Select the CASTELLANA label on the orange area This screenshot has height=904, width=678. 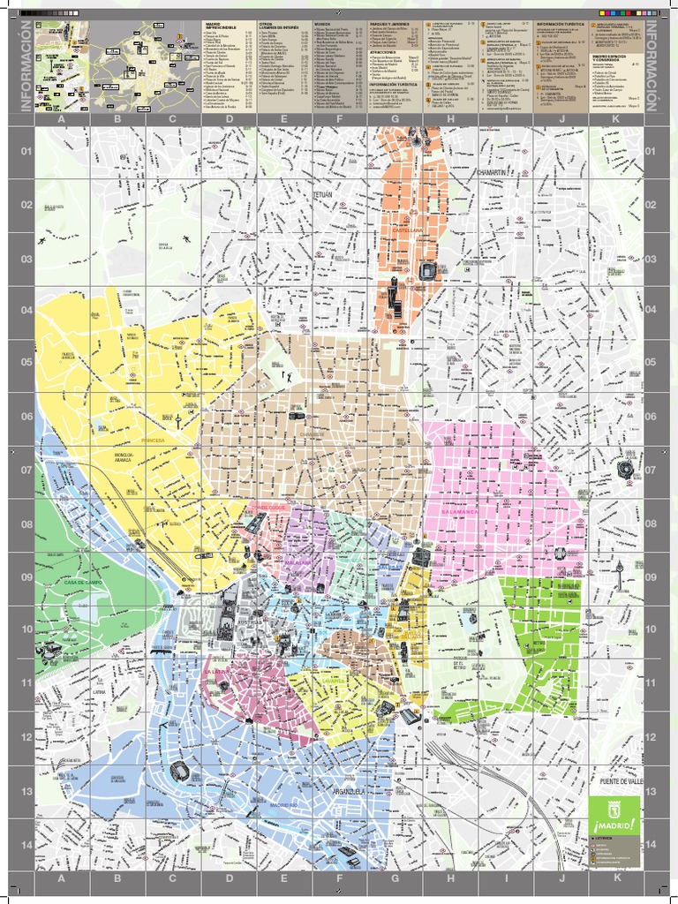click(408, 230)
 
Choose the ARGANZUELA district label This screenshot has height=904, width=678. click(349, 792)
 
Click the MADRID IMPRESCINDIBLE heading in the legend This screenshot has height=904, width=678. click(221, 27)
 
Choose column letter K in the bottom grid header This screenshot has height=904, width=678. click(617, 878)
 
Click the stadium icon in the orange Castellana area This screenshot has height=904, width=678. click(429, 271)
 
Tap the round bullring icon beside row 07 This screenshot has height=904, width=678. click(626, 469)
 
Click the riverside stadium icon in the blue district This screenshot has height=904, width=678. click(180, 770)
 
